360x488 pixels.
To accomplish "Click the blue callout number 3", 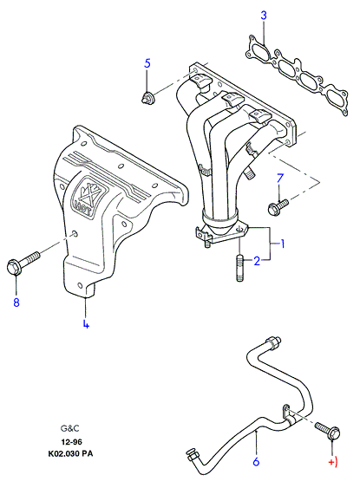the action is (264, 16).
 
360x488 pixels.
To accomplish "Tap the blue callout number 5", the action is (147, 63).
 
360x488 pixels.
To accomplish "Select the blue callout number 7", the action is (280, 179).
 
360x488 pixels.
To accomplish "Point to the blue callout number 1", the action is (283, 244).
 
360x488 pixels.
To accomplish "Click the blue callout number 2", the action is (257, 261).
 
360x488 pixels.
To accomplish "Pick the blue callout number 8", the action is (16, 302).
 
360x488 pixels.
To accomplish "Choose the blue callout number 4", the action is (86, 323).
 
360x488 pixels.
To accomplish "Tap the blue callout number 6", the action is (256, 461).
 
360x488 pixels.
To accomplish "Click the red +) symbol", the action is (333, 463).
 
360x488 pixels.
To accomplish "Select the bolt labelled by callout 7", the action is (278, 206).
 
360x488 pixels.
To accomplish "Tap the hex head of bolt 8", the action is (14, 267).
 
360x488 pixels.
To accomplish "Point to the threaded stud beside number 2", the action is (239, 269).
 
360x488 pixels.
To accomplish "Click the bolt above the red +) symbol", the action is (328, 431).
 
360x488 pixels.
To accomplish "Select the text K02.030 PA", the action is (70, 454).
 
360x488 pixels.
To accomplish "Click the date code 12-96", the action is (72, 441).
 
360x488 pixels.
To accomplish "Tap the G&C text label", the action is (70, 428).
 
